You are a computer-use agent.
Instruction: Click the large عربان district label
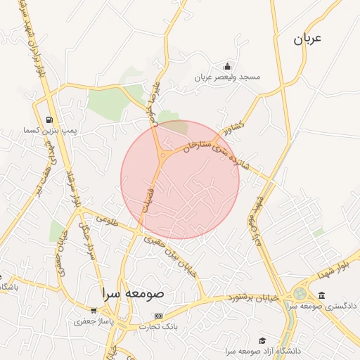[x=307, y=39]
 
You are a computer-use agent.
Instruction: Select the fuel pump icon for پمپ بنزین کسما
[x=49, y=120]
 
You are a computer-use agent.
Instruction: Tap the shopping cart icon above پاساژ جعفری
[x=94, y=310]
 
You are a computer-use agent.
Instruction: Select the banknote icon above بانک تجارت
[x=158, y=316]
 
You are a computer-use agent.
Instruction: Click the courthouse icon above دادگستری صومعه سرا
[x=321, y=295]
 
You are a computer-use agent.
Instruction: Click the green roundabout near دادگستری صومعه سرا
[x=300, y=293]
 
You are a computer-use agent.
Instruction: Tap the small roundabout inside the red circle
[x=162, y=155]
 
